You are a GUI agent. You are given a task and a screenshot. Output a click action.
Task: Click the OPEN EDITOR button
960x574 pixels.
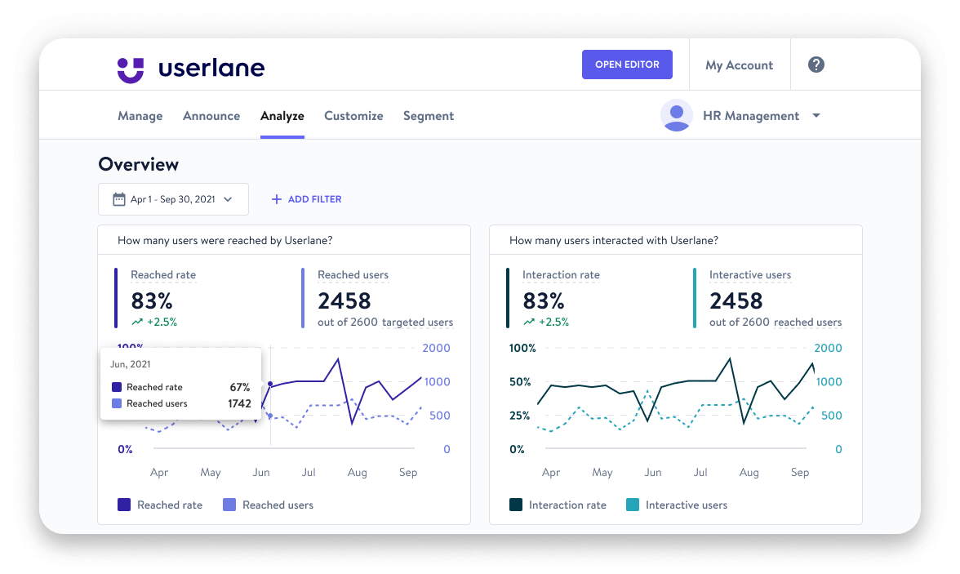tap(627, 65)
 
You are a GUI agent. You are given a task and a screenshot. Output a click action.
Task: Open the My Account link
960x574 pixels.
tap(739, 65)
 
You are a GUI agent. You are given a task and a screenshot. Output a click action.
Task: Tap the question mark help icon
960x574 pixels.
tap(816, 65)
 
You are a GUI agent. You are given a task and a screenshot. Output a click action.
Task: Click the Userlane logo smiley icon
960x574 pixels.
tap(131, 69)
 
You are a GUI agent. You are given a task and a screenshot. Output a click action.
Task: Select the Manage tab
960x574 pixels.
tap(140, 116)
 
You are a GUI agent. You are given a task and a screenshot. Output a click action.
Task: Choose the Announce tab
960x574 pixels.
tap(211, 116)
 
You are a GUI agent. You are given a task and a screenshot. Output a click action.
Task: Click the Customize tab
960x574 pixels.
tap(353, 116)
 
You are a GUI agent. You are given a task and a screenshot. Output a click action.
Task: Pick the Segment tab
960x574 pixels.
tap(429, 116)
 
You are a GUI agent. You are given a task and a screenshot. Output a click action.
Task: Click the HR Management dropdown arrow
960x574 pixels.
tap(816, 116)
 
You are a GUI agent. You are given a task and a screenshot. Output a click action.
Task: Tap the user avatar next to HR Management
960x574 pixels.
tap(676, 116)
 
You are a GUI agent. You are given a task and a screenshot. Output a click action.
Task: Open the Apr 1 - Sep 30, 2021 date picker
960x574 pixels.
tap(173, 199)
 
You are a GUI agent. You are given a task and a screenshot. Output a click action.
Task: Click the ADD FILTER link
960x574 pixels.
tap(306, 199)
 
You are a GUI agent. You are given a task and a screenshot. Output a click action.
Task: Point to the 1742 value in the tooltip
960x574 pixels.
tap(239, 403)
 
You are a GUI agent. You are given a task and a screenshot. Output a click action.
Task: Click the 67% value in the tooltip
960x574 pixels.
tap(239, 387)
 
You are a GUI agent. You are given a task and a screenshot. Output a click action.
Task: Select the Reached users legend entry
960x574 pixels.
tap(269, 505)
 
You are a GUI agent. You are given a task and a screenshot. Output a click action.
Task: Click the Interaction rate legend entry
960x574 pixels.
tap(558, 505)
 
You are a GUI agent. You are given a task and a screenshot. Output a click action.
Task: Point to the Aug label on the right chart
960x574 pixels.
tap(749, 473)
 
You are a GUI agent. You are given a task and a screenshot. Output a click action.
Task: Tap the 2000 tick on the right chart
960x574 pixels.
tap(829, 349)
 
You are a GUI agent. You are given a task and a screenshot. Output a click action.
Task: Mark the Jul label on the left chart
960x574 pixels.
tap(309, 473)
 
